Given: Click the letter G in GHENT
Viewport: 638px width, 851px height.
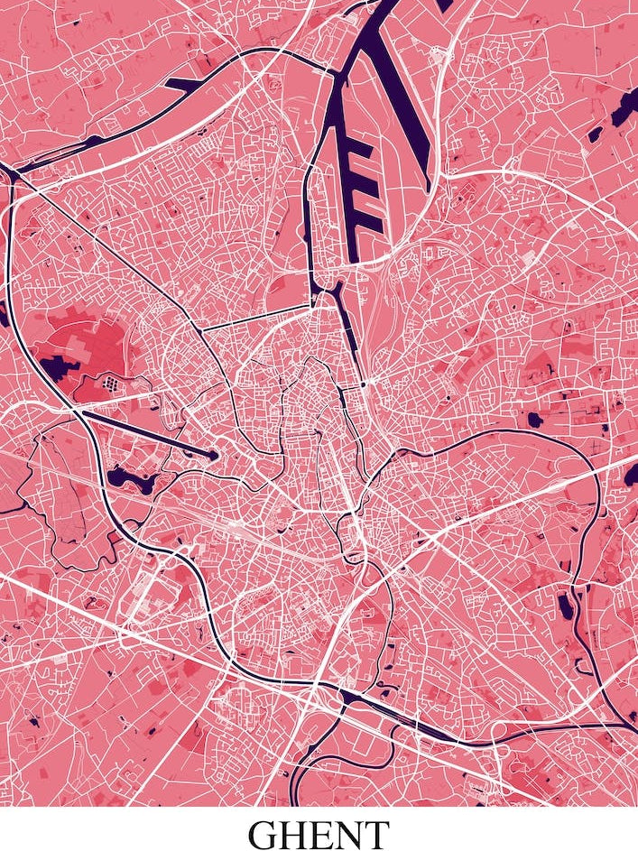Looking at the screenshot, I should (x=266, y=834).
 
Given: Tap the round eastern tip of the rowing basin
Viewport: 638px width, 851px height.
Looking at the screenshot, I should (x=214, y=457).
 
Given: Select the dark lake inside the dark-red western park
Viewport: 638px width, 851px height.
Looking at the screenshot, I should (x=57, y=367).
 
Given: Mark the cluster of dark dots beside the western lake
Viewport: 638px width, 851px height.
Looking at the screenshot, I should (x=110, y=384).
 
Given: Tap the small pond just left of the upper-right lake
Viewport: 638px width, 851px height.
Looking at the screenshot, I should (x=595, y=134).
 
